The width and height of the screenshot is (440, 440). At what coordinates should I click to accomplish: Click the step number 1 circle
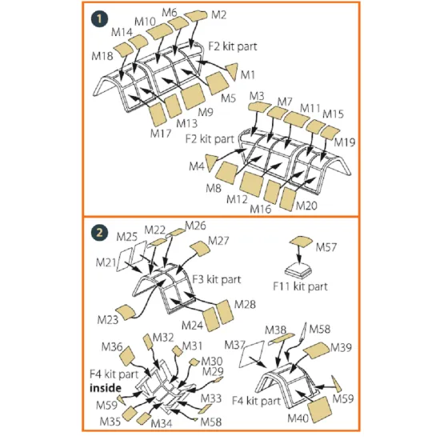point(99,19)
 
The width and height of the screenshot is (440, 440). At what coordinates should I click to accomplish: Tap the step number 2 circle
point(99,233)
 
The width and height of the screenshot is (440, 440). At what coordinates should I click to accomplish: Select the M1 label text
point(248,75)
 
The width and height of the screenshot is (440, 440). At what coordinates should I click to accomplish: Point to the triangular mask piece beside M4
point(211,162)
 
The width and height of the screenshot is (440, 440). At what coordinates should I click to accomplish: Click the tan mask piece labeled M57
point(301,242)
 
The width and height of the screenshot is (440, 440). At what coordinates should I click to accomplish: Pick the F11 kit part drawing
point(298,270)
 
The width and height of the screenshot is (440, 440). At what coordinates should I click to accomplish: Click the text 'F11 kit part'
point(300,286)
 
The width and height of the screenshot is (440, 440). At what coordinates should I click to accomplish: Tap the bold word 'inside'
point(106,388)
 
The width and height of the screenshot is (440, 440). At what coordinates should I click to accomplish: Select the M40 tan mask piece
point(320,409)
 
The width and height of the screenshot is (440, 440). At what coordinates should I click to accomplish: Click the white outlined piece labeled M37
point(252,354)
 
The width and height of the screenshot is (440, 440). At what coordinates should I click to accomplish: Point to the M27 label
point(218,241)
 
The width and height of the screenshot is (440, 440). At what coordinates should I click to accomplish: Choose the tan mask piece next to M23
point(126,312)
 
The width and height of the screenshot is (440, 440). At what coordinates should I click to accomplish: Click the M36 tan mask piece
point(127,355)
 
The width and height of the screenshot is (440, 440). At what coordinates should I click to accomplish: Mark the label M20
point(306,206)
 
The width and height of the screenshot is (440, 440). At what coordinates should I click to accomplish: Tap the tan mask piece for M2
point(196,16)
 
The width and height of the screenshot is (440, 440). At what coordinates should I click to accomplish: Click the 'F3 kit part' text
point(216,279)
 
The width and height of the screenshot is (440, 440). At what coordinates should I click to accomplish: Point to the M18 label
point(102,56)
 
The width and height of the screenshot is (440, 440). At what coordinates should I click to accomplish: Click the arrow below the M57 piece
point(299,254)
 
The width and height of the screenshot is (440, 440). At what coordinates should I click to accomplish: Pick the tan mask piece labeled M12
point(252,184)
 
